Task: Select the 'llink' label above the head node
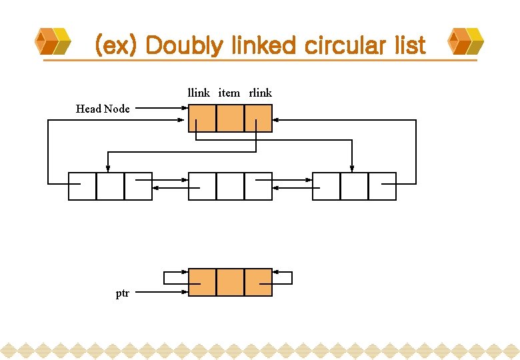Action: click(x=199, y=93)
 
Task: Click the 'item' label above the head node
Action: click(x=229, y=93)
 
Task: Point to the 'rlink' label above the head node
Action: click(x=261, y=93)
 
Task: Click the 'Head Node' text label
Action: click(x=103, y=109)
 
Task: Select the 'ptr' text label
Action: click(x=123, y=293)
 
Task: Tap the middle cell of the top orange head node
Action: click(x=230, y=118)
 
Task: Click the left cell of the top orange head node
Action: click(x=202, y=118)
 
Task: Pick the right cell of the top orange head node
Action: click(x=258, y=118)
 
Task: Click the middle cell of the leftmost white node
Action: click(x=110, y=186)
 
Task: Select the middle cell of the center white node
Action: click(x=230, y=186)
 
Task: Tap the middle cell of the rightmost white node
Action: click(x=354, y=186)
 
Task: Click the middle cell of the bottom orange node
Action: click(x=230, y=282)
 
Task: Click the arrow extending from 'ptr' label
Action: click(x=163, y=292)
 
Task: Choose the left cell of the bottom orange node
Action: click(x=202, y=282)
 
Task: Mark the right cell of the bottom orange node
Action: click(x=258, y=282)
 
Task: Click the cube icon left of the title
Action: click(x=53, y=41)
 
